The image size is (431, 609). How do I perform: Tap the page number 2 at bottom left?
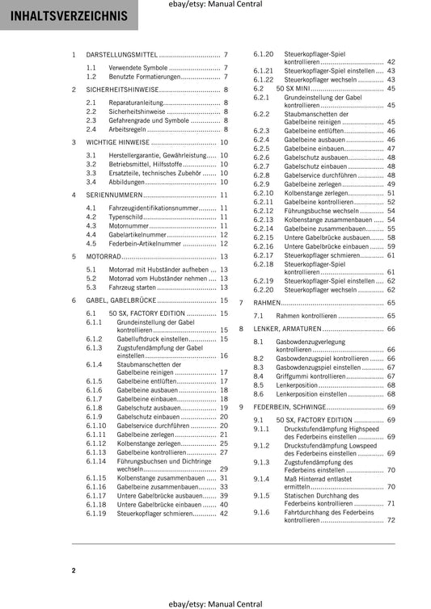[74, 570]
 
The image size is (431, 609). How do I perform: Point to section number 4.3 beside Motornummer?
[91, 226]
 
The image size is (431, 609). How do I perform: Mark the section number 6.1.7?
[95, 399]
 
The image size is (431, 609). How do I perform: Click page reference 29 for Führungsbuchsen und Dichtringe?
[223, 468]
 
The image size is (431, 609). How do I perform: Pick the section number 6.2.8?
[262, 175]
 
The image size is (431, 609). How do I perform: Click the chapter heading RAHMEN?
[267, 302]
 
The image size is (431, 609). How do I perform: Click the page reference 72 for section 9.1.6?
[391, 521]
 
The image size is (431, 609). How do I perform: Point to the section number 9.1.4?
[262, 478]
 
